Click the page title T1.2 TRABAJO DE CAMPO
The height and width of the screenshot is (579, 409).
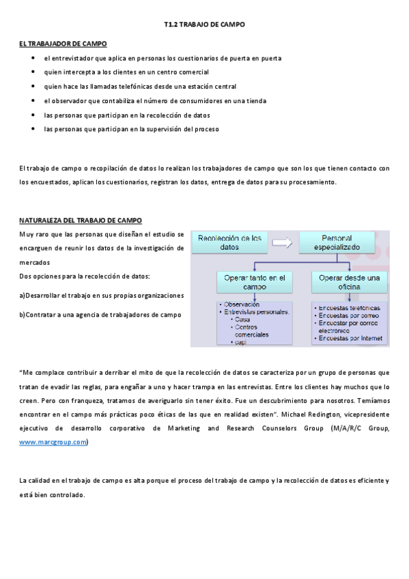[x=204, y=25]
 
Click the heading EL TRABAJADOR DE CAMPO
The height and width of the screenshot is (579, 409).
[x=62, y=44]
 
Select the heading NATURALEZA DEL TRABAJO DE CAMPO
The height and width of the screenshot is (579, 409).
[x=81, y=221]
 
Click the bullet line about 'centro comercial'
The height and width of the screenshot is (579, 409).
[x=126, y=72]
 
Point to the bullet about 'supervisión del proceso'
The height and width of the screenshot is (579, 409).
[x=131, y=128]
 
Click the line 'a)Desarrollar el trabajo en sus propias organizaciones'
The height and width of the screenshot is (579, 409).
[x=102, y=296]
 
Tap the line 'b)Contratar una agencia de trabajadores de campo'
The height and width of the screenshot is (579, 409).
[x=100, y=315]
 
